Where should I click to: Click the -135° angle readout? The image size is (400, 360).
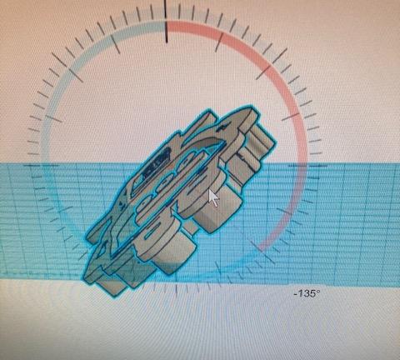pyautogui.click(x=307, y=293)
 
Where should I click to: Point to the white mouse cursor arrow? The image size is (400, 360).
pyautogui.click(x=213, y=197)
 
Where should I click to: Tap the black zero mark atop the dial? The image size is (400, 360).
pyautogui.click(x=166, y=22)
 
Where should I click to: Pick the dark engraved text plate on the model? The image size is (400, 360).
pyautogui.click(x=156, y=161)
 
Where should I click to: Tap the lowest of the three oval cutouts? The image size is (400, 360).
pyautogui.click(x=146, y=202)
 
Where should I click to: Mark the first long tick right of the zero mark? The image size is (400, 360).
pyautogui.click(x=219, y=42)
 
